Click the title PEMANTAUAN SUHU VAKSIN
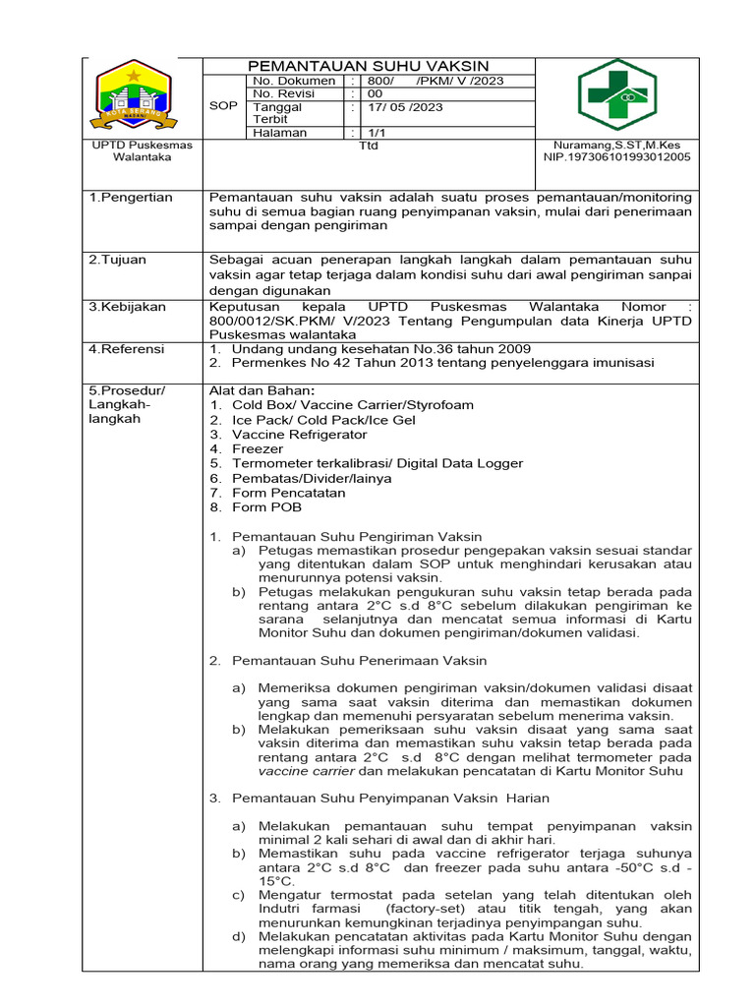pos(367,66)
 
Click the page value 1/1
pos(377,133)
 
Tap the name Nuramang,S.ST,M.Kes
pos(617,145)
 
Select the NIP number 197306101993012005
pos(617,156)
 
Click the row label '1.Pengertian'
pos(131,198)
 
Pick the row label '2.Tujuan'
pos(118,260)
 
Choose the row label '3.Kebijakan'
pos(127,307)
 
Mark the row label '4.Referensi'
pos(128,349)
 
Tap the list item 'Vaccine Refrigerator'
pos(300,434)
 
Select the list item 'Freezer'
pos(258,448)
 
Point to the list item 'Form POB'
pos(267,507)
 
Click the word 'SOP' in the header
pos(224,105)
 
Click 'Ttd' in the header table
pos(368,146)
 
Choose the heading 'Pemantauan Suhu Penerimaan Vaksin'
pos(360,661)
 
